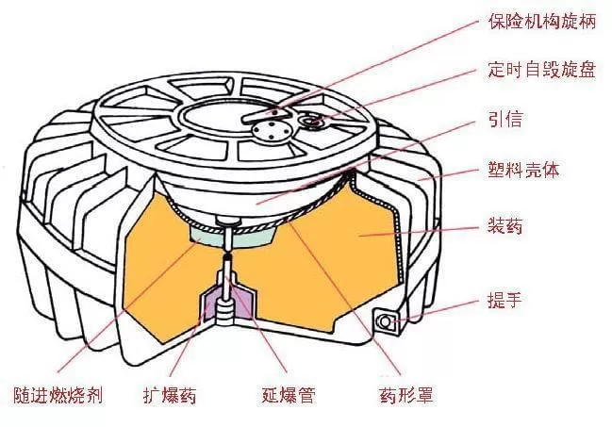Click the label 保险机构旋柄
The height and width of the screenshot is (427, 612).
tap(542, 21)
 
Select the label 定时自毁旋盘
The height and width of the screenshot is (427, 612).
tap(542, 71)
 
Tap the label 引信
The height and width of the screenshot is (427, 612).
tap(505, 119)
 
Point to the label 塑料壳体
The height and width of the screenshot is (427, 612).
tap(523, 170)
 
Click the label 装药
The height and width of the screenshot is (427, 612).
tap(505, 226)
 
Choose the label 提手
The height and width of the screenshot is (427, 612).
tap(505, 300)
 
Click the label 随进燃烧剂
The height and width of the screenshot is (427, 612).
tap(58, 395)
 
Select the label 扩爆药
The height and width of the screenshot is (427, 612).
tap(169, 395)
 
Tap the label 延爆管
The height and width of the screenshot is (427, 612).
tap(289, 395)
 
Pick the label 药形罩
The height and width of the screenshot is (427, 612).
tap(406, 395)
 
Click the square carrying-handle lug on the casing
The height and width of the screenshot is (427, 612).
tap(386, 321)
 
